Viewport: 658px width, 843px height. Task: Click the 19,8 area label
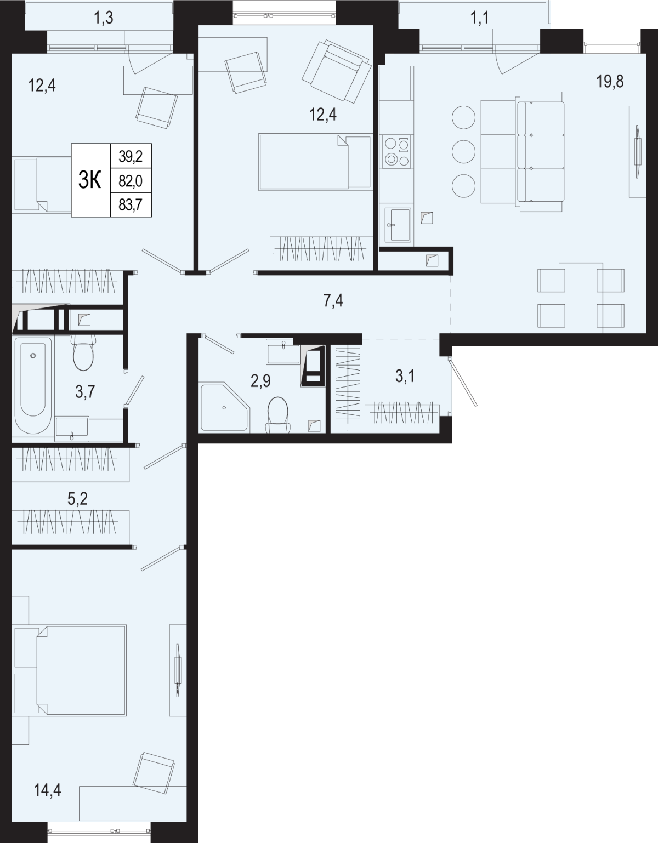pos(610,82)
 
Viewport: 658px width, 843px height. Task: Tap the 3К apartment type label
pos(89,180)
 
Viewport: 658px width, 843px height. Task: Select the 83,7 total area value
pos(131,204)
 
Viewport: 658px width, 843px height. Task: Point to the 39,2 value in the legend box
pos(131,156)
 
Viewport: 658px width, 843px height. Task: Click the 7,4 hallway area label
pos(333,301)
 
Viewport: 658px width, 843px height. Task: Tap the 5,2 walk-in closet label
pos(78,499)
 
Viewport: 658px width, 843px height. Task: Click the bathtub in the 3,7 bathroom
pos(33,386)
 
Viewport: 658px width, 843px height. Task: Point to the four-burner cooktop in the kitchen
pos(396,152)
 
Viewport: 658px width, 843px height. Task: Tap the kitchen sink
pos(398,225)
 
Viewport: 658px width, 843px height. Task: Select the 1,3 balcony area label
pos(104,18)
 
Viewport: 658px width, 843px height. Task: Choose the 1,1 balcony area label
pos(480,18)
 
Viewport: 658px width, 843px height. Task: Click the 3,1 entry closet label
pos(405,377)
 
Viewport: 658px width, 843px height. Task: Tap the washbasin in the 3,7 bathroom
pos(72,429)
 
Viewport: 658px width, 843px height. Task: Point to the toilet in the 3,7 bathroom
pos(83,352)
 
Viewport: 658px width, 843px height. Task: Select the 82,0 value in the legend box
pos(131,180)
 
